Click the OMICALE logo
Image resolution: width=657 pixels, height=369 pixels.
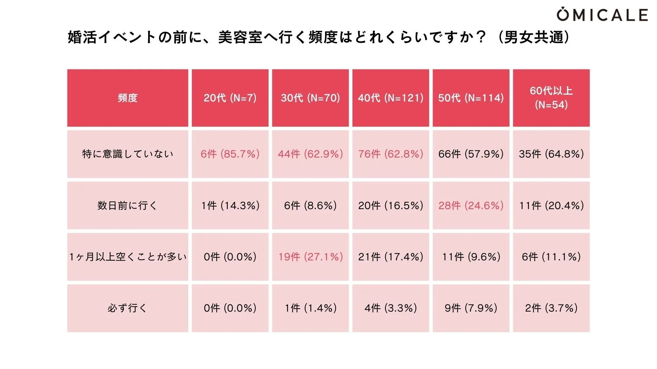point(602,15)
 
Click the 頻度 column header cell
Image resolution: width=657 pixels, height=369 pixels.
point(128,98)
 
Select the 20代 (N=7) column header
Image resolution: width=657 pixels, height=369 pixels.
point(230,98)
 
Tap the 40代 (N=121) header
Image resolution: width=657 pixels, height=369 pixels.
point(390,98)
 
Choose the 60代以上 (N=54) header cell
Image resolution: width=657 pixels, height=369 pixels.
point(551,98)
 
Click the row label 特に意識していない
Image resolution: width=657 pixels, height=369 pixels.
point(128,154)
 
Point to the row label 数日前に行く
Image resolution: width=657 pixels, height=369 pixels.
point(128,205)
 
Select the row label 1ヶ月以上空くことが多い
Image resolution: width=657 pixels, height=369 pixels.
point(128,257)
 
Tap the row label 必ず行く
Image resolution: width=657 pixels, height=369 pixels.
point(128,308)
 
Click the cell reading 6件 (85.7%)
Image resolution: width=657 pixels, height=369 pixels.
point(230,154)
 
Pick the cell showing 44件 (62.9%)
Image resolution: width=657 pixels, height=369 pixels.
point(310,154)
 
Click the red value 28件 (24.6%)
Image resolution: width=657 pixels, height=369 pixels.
point(471,205)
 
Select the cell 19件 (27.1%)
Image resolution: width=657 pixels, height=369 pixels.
point(310,257)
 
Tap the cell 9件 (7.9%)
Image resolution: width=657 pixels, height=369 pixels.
point(471,308)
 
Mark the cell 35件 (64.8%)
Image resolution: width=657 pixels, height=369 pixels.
point(551,154)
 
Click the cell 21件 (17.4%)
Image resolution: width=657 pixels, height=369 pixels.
point(390,257)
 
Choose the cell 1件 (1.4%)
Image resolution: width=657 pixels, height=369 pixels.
point(310,308)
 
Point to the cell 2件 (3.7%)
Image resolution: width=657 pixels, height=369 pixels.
point(551,308)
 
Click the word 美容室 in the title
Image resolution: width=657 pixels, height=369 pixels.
point(240,37)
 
